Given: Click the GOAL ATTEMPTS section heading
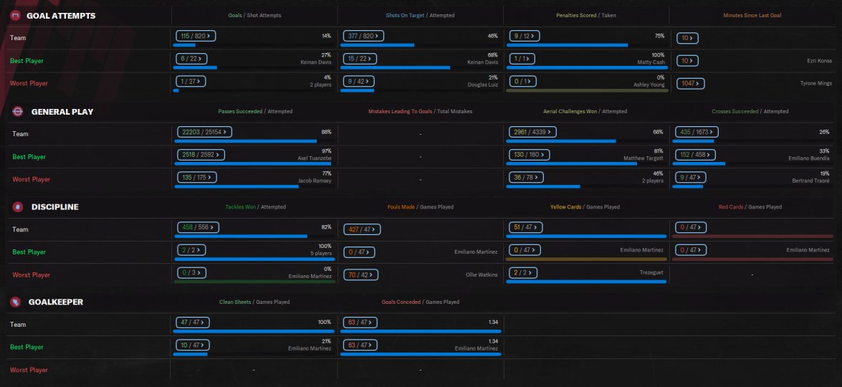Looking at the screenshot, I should (60, 16).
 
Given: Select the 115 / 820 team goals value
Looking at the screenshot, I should (196, 35).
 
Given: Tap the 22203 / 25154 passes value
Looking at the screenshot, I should (203, 131).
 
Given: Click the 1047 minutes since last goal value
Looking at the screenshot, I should (691, 83).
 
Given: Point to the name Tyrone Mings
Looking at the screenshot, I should (816, 84).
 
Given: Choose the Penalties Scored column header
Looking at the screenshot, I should (576, 15).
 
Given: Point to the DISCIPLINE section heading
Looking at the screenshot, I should (54, 207).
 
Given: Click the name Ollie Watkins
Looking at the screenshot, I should (482, 274).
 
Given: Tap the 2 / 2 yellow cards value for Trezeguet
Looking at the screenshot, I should (521, 272).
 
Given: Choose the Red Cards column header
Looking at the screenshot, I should (731, 207).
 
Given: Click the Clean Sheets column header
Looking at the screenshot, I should (235, 302).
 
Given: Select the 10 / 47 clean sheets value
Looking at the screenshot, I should (193, 345).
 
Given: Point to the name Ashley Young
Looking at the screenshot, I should (649, 85).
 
